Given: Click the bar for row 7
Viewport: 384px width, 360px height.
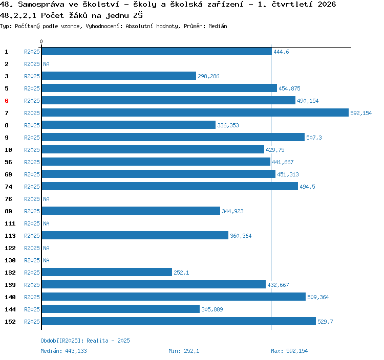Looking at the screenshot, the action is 195,112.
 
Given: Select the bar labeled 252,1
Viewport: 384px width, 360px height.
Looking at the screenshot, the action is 107,272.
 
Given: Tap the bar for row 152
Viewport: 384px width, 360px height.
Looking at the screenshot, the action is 179,321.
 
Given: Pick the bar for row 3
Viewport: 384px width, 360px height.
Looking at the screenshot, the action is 119,76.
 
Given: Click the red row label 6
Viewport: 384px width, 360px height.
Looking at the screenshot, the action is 7,101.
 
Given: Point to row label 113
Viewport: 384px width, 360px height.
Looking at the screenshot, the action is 10,236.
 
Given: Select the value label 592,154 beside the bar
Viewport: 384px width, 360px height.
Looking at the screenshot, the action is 361,113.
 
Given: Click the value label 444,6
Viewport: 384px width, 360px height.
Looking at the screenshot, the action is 281,52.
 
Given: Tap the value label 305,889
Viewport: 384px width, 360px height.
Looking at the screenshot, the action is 212,309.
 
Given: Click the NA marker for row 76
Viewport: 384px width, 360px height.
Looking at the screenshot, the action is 46,199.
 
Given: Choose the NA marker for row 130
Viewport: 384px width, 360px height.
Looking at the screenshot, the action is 46,260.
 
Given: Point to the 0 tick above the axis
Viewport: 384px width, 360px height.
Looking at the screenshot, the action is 41,41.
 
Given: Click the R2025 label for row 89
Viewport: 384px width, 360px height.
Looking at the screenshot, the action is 32,211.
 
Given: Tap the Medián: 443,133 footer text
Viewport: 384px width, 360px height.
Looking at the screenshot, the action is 63,351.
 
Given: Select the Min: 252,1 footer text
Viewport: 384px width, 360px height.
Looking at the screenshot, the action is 184,351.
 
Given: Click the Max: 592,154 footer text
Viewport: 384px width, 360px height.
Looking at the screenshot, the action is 289,351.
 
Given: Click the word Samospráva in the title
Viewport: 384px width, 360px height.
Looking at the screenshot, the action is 41,4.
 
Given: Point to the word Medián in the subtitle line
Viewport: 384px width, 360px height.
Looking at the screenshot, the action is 218,26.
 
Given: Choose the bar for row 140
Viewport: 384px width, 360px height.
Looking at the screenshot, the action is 174,297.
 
